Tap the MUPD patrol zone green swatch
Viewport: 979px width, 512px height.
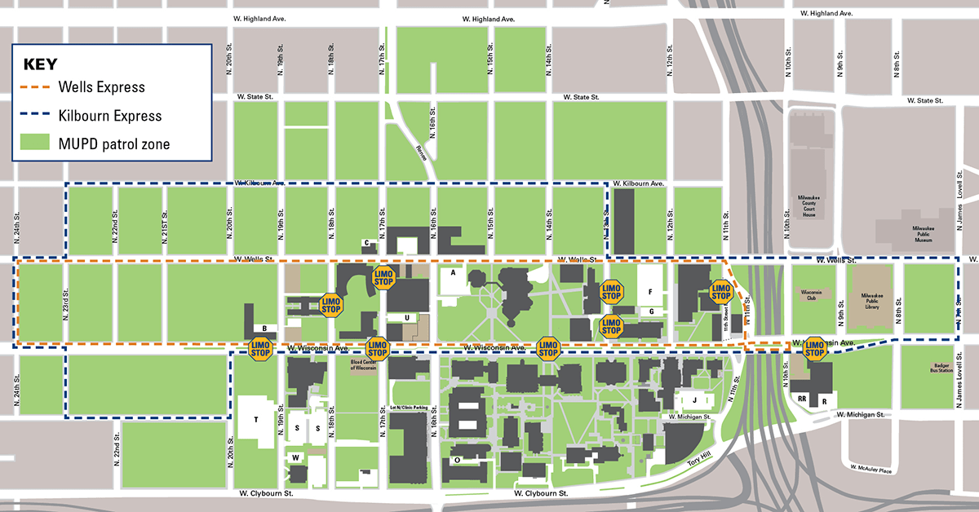(35, 144)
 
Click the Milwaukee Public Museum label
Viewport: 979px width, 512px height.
(922, 236)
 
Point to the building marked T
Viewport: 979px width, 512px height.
(256, 420)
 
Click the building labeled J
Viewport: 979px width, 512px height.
(694, 400)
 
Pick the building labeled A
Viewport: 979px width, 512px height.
(451, 274)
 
